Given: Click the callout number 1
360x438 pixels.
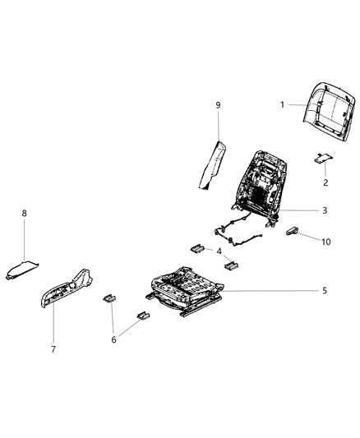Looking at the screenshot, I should pos(283,104).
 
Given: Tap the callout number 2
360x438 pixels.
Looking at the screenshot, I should pos(325,182).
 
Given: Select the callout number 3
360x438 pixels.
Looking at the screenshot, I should pos(325,210).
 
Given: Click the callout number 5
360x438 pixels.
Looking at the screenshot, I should pos(325,291).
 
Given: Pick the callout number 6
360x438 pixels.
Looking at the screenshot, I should pos(114,339).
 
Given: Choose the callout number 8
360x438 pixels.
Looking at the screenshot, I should pos(24,214).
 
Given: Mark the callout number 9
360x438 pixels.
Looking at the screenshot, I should pos(219,105).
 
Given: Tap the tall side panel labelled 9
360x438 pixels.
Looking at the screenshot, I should pos(213,164).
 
